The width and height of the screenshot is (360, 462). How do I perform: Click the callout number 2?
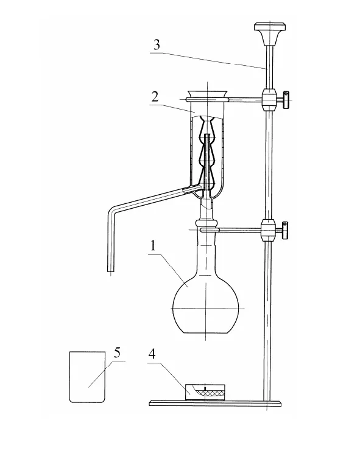(x=155, y=97)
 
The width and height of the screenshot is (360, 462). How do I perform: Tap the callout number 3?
(x=157, y=45)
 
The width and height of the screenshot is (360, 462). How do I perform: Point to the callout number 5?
(x=118, y=352)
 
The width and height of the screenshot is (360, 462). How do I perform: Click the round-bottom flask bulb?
(x=206, y=306)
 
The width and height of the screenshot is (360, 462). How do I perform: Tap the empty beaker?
(x=87, y=377)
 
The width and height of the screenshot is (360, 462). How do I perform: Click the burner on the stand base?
(x=205, y=391)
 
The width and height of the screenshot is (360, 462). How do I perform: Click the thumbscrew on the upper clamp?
(x=286, y=100)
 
